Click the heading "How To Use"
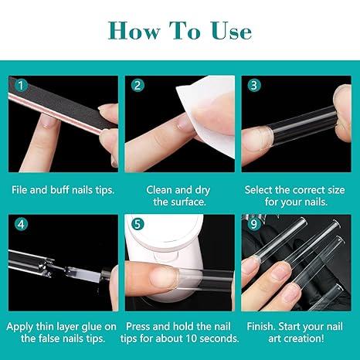[180, 30]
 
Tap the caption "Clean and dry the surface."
[180, 195]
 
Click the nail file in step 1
[46, 108]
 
